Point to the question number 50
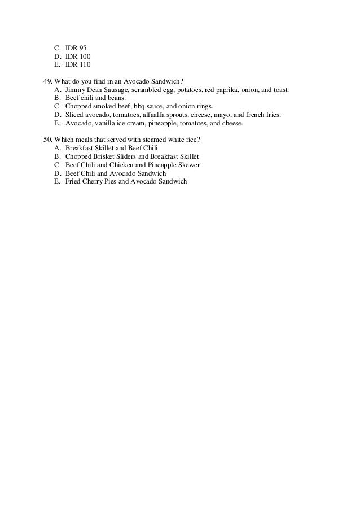tap(47, 139)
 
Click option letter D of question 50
tap(56, 173)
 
